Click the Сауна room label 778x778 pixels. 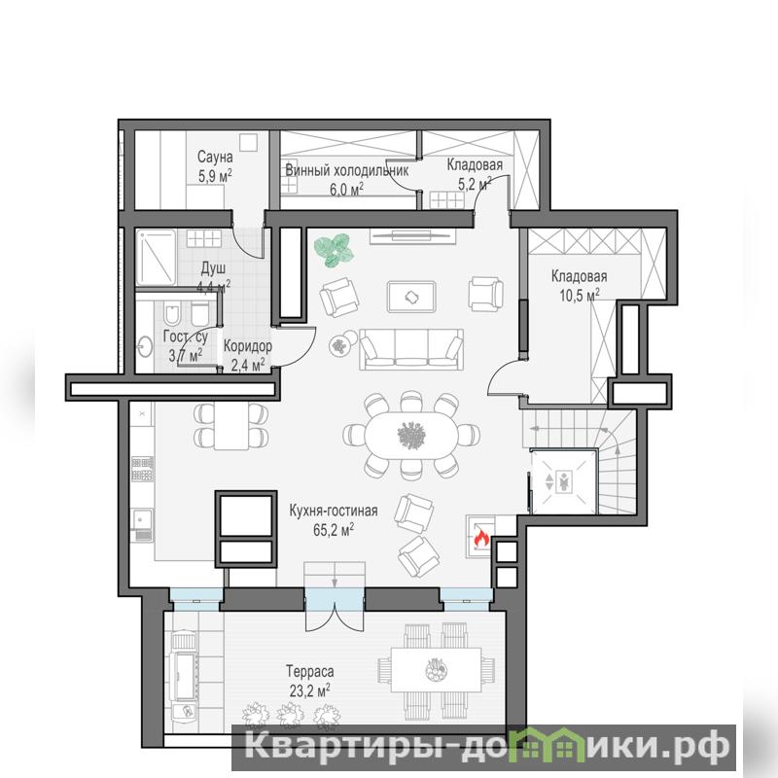(215, 157)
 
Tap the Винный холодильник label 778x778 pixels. (347, 171)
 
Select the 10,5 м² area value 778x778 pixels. (580, 296)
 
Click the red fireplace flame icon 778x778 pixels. (481, 538)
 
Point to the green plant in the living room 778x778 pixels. (335, 249)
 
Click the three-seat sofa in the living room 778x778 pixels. (411, 349)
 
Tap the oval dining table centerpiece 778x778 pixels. (411, 436)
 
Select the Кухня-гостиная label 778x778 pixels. (334, 511)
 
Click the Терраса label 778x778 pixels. (310, 671)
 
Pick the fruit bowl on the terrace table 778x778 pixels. (437, 670)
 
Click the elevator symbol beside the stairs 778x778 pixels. (564, 480)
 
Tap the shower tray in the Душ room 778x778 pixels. (157, 257)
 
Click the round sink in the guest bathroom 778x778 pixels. (146, 346)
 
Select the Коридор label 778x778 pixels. (248, 346)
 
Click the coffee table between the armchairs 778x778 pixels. (411, 297)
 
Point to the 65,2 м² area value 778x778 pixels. (334, 529)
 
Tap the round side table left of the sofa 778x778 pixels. (340, 346)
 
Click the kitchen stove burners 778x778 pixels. (142, 469)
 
